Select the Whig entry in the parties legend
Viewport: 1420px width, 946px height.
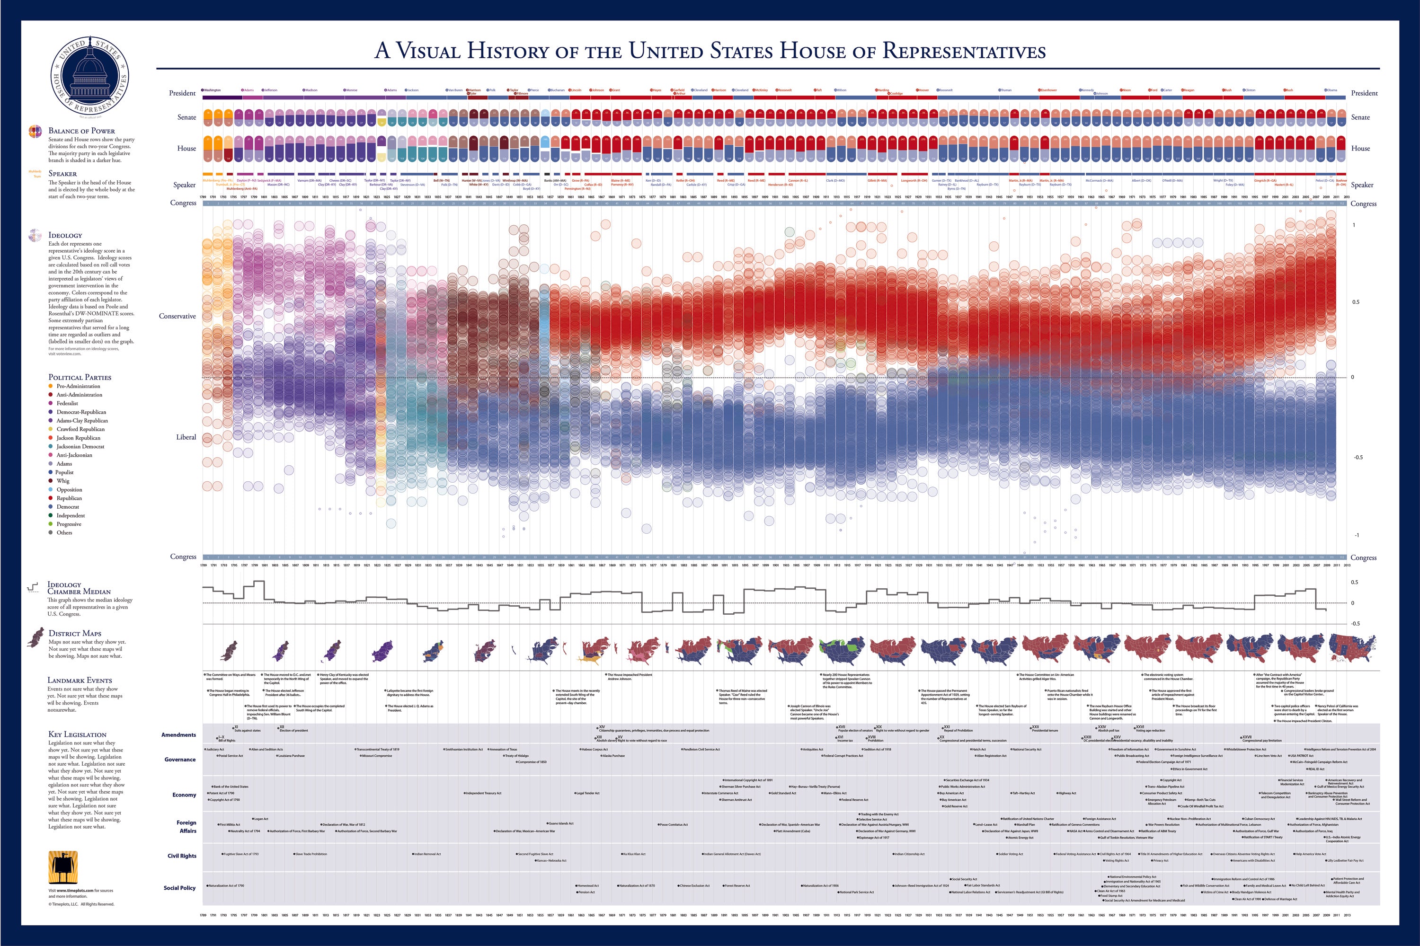point(63,481)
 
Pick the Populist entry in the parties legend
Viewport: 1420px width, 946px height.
point(64,472)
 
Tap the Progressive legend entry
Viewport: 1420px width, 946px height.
point(68,524)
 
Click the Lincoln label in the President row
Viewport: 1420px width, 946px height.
point(576,90)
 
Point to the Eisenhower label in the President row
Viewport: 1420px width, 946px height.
point(1048,90)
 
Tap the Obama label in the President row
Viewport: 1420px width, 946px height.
point(1332,90)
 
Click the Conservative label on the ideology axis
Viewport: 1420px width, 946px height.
point(177,316)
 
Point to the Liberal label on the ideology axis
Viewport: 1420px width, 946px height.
point(186,437)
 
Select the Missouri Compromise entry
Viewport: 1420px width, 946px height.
point(377,755)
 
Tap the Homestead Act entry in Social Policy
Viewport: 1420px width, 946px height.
point(588,886)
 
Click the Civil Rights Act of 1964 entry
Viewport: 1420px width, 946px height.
point(1115,854)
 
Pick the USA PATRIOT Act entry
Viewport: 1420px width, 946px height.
point(1302,755)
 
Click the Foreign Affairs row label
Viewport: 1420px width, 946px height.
point(186,827)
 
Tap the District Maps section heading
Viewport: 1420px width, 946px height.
point(75,634)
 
